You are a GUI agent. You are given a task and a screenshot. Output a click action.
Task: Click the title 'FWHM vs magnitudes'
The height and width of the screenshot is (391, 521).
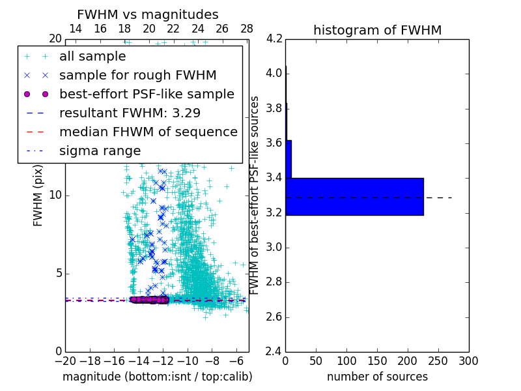pos(148,14)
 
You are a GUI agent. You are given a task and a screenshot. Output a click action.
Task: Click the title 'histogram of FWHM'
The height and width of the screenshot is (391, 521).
pos(377,30)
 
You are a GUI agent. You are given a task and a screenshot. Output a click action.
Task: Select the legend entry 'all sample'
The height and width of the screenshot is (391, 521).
pos(92,57)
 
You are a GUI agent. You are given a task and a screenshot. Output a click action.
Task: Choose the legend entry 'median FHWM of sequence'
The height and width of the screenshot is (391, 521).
pos(148,132)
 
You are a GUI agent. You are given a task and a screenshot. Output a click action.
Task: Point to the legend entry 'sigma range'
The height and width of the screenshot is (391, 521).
pos(100,151)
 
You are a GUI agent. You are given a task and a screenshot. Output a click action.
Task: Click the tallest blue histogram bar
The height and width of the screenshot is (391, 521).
pos(354,196)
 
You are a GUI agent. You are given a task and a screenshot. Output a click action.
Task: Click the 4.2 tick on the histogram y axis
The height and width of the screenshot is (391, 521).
pos(274,38)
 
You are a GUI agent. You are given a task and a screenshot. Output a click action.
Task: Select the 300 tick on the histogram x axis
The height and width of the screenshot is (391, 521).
pos(468,360)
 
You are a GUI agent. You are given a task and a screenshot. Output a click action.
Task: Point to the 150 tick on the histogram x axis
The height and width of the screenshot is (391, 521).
pos(377,360)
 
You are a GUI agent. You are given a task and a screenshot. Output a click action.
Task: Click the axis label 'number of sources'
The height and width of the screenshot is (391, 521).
pos(377,377)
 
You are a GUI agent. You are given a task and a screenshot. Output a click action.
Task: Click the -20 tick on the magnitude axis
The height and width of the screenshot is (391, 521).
pos(65,360)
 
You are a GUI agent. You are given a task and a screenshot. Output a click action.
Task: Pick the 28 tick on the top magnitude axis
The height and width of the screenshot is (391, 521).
pos(247,29)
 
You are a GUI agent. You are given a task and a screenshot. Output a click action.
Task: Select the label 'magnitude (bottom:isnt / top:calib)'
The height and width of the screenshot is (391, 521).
pos(157,377)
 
